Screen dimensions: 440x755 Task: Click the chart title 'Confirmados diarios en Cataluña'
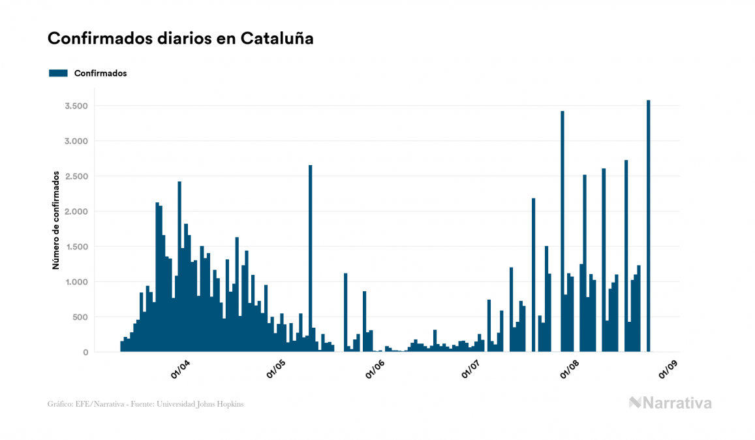click(x=181, y=39)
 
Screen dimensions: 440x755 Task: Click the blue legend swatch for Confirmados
click(x=58, y=73)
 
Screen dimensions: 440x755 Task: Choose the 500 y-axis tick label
click(x=79, y=317)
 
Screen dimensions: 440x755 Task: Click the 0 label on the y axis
click(x=85, y=353)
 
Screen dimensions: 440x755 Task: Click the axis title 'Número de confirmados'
click(x=56, y=221)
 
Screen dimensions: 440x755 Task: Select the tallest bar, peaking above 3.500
click(x=648, y=228)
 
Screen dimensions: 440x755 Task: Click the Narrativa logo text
click(x=677, y=403)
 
